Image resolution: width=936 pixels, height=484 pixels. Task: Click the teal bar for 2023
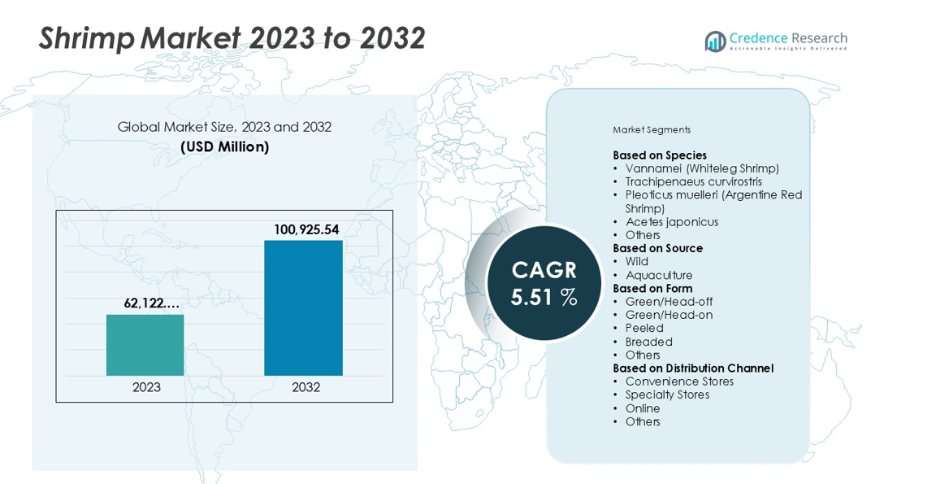click(x=145, y=345)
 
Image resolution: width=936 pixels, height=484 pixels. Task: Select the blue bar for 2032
click(x=303, y=307)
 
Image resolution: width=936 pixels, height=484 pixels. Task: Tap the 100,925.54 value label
click(x=306, y=230)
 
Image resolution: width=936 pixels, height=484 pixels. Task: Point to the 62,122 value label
click(x=151, y=303)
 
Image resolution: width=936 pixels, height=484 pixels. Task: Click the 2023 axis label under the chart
click(x=146, y=387)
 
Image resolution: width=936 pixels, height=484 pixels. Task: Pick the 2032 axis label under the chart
click(x=305, y=387)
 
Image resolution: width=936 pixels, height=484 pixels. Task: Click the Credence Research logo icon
click(x=715, y=41)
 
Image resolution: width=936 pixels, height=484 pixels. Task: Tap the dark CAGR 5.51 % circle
click(x=544, y=283)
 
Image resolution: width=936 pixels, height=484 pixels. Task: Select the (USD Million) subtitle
click(x=224, y=147)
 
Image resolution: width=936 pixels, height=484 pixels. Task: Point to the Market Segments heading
click(x=652, y=130)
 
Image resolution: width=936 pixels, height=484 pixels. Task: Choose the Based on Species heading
click(x=660, y=155)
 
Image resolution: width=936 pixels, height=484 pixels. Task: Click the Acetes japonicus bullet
click(x=671, y=222)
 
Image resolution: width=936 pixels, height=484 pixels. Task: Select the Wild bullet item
click(x=636, y=262)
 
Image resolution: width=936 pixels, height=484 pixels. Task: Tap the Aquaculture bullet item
click(x=658, y=275)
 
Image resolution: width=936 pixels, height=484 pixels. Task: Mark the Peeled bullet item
click(x=643, y=329)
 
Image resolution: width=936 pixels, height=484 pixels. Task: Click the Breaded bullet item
click(x=648, y=342)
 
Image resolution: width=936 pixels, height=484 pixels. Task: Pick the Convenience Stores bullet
click(x=678, y=382)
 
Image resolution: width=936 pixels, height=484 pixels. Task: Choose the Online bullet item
click(x=642, y=408)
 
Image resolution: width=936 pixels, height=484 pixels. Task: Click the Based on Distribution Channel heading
click(x=693, y=368)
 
